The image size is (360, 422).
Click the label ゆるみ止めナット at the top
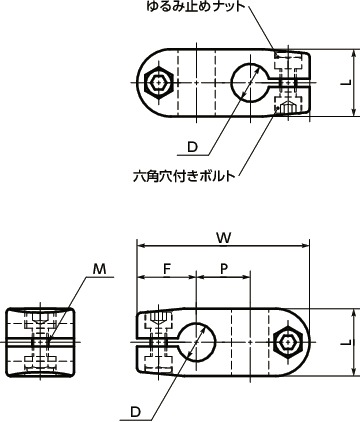201,10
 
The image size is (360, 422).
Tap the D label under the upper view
191,147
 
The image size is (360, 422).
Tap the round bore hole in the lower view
199,342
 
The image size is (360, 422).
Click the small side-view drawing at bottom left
40,341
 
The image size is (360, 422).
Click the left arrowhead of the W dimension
141,246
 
